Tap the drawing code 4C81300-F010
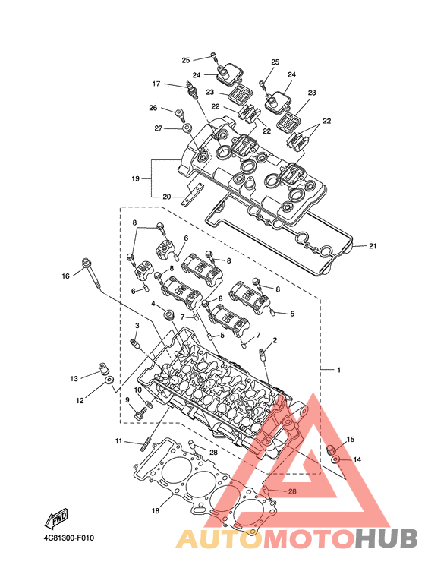69,538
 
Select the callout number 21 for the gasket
372,246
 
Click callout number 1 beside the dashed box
339,370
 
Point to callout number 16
66,276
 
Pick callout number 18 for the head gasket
156,510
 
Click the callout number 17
156,84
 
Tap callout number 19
135,178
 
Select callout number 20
166,197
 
